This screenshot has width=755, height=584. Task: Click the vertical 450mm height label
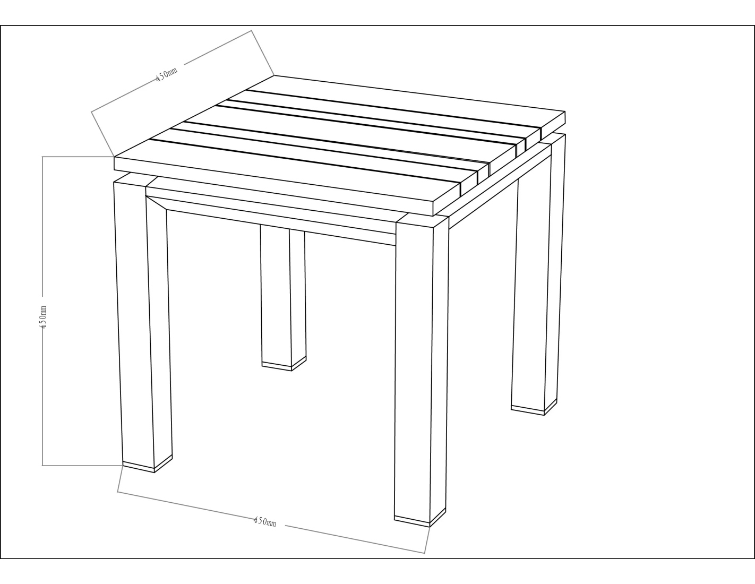click(x=43, y=316)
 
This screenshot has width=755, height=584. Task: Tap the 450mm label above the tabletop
click(x=166, y=74)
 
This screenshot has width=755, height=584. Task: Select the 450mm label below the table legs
click(x=265, y=521)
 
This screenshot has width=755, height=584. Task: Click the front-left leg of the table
click(x=142, y=323)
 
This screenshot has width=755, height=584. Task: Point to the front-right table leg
click(x=421, y=372)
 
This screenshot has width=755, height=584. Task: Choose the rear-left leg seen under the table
click(x=283, y=299)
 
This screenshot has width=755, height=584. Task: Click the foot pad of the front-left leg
click(x=148, y=466)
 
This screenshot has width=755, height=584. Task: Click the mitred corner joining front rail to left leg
click(x=156, y=203)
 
